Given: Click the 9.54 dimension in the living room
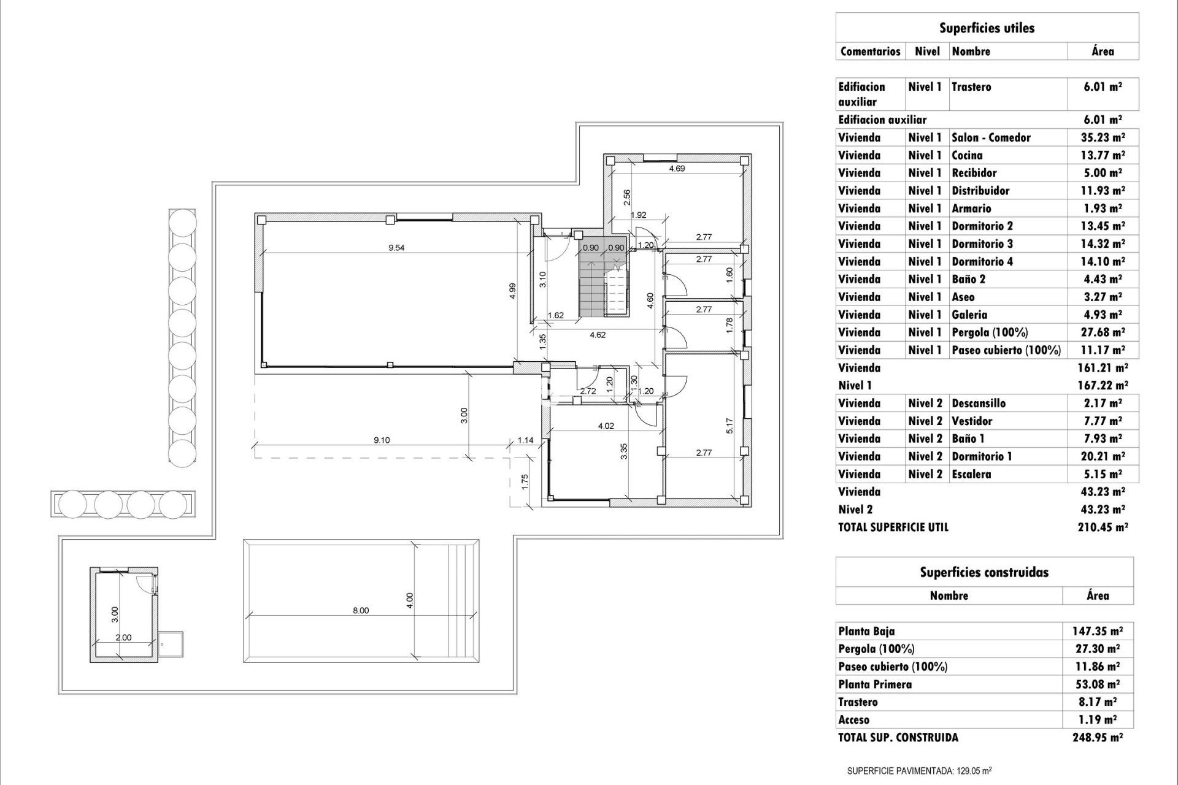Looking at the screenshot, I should click(x=396, y=248).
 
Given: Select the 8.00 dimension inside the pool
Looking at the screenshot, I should click(x=361, y=610).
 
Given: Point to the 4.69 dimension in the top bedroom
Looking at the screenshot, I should click(x=677, y=168).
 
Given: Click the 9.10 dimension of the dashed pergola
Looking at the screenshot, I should click(x=382, y=440).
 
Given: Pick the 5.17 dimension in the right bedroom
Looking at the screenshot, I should click(x=729, y=426).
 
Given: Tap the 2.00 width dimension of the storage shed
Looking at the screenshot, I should click(x=123, y=637).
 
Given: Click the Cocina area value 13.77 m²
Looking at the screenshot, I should click(x=1103, y=155).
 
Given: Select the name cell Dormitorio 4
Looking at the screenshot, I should click(x=982, y=261).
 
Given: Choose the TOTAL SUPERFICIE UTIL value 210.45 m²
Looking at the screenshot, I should click(x=1103, y=527).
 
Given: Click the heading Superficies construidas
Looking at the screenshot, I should click(x=984, y=572).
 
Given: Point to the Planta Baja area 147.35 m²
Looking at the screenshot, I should click(x=1097, y=631).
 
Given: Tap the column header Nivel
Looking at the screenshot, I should click(x=927, y=52).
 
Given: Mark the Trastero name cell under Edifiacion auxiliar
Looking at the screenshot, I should click(x=971, y=86).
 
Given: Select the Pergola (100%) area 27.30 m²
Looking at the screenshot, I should click(x=1097, y=649).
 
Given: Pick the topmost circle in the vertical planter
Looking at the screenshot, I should click(x=182, y=222).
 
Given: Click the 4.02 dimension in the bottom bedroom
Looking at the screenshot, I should click(x=606, y=426).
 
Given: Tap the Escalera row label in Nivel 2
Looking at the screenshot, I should click(x=971, y=474).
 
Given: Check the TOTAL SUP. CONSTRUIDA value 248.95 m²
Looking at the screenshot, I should click(x=1097, y=738).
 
